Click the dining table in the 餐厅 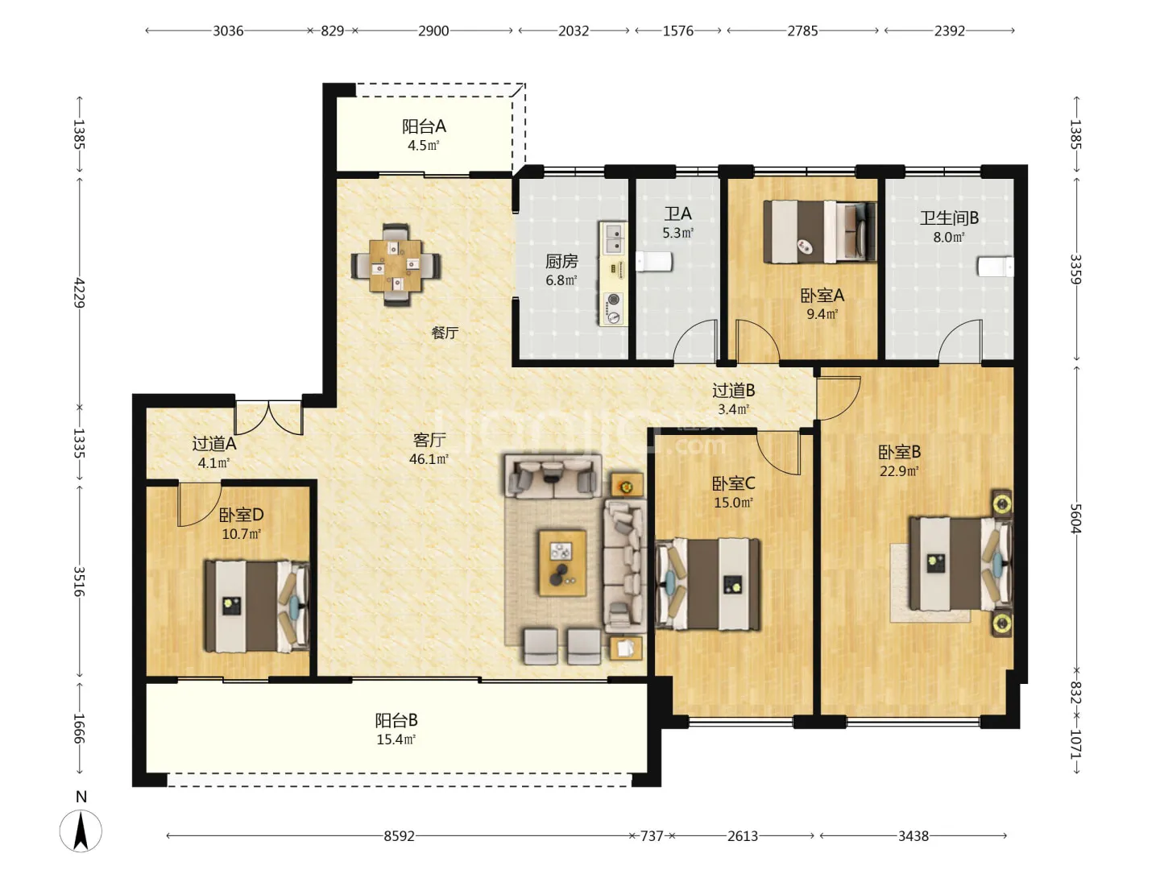tap(396, 266)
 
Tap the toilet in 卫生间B tap(995, 267)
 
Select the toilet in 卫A tap(653, 262)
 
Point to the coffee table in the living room tap(562, 563)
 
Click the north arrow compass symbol tap(81, 831)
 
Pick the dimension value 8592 tap(399, 836)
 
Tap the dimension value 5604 tap(1076, 519)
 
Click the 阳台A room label tap(424, 126)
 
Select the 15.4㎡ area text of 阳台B tap(396, 739)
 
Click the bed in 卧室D tap(257, 607)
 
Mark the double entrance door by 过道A tap(269, 417)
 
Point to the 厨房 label tap(561, 261)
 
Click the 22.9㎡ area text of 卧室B tap(899, 471)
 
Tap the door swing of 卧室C tap(778, 453)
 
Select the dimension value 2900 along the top tap(433, 31)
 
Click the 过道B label tap(734, 391)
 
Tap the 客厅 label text tap(429, 440)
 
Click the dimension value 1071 tap(1076, 744)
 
